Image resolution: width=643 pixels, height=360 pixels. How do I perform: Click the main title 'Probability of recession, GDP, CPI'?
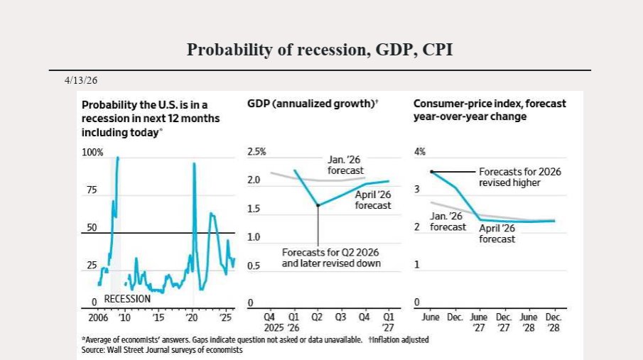(x=320, y=50)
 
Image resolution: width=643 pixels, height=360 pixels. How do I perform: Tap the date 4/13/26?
(x=80, y=80)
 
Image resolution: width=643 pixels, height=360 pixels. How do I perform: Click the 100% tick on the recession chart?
(x=92, y=152)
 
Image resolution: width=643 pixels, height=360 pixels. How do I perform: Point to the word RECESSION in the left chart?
(x=128, y=299)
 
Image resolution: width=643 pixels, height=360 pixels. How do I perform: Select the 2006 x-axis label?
(x=93, y=317)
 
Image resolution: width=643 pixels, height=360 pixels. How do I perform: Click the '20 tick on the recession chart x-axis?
(x=192, y=317)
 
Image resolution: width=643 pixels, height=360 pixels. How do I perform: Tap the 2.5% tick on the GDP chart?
(x=256, y=152)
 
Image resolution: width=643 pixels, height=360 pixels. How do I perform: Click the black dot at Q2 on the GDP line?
(x=318, y=205)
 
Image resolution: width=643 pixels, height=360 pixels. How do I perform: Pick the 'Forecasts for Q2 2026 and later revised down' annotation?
(x=331, y=258)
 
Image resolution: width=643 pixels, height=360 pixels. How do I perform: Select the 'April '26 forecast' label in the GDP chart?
(x=373, y=200)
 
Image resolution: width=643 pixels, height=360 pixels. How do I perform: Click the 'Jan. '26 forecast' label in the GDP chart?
(x=345, y=165)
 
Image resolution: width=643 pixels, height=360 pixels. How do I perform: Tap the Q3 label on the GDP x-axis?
(x=340, y=317)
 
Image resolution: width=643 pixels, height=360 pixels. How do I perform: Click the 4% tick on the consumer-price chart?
(x=420, y=152)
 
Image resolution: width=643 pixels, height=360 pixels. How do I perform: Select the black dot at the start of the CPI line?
(x=432, y=172)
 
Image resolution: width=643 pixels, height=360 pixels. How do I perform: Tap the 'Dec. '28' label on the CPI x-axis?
(x=553, y=322)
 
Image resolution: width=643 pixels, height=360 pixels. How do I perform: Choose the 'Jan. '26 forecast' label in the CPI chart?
(x=448, y=221)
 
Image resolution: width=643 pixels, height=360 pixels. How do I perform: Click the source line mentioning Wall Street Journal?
(x=162, y=350)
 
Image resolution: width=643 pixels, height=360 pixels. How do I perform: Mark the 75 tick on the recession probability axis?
(x=92, y=190)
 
